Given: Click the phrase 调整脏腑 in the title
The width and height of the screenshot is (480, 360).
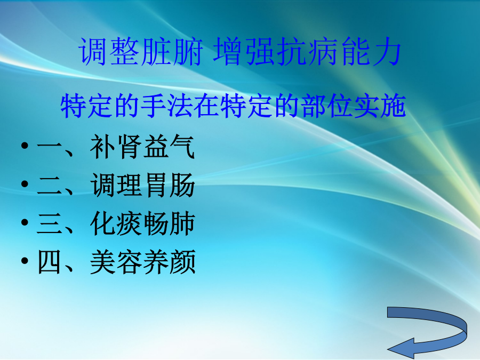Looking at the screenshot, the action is pyautogui.click(x=141, y=51).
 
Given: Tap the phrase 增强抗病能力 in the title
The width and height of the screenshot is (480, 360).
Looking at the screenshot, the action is pyautogui.click(x=307, y=51).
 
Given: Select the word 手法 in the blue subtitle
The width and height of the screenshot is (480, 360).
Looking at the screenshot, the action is pyautogui.click(x=167, y=106).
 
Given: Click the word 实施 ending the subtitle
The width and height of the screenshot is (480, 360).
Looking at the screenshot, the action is pyautogui.click(x=380, y=106).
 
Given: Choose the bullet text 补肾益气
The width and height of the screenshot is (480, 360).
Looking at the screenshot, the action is pyautogui.click(x=142, y=147).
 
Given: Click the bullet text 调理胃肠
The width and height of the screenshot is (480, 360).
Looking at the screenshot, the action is pyautogui.click(x=142, y=185).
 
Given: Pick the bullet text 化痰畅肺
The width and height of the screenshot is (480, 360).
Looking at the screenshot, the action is pyautogui.click(x=142, y=223).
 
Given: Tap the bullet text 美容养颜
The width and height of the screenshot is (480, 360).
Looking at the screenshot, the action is pyautogui.click(x=142, y=262).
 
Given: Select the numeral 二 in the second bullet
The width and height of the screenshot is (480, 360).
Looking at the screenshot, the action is pyautogui.click(x=49, y=186).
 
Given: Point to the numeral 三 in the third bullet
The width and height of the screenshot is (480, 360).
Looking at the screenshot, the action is pyautogui.click(x=49, y=224).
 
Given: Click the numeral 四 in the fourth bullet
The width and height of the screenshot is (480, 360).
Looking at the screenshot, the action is pyautogui.click(x=49, y=262).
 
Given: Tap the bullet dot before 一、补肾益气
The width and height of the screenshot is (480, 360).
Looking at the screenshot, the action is pyautogui.click(x=25, y=146).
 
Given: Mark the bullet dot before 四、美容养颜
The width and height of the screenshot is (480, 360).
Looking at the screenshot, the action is pyautogui.click(x=25, y=260).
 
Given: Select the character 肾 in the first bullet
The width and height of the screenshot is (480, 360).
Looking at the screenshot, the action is pyautogui.click(x=130, y=147).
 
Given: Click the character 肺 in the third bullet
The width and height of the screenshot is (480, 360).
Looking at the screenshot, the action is pyautogui.click(x=182, y=223).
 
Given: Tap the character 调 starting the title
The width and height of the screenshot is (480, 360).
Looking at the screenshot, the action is pyautogui.click(x=93, y=51).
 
